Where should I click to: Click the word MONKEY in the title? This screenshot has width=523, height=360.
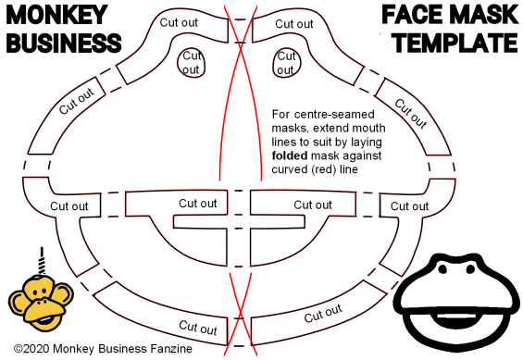tap(56, 14)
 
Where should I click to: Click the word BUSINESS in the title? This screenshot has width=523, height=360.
tap(64, 43)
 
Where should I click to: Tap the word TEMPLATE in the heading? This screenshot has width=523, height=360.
tap(455, 43)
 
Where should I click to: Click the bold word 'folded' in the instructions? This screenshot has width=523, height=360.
tap(290, 155)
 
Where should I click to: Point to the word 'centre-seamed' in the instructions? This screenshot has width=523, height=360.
tap(334, 115)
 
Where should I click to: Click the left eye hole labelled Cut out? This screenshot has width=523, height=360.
tap(191, 63)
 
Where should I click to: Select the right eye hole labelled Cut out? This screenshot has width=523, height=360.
tap(287, 63)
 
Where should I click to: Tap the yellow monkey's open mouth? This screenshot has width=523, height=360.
tap(45, 320)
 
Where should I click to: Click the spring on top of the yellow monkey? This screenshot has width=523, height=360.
tap(42, 261)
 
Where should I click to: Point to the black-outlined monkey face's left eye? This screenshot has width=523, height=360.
tap(443, 268)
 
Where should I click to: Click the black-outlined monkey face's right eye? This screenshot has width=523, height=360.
tap(470, 268)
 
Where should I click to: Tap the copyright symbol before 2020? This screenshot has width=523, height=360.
tap(18, 349)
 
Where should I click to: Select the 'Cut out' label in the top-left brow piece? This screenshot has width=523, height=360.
tap(179, 22)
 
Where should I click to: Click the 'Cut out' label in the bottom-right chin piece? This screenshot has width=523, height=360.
tap(323, 314)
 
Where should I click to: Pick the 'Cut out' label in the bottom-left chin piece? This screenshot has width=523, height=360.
tap(198, 328)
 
